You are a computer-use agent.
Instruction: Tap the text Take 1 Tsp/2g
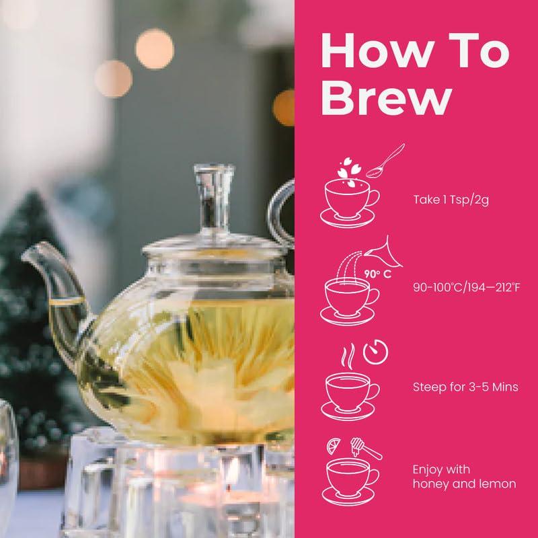[451, 200]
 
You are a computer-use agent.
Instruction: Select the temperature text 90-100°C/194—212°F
[466, 287]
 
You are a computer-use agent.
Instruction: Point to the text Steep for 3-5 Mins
[465, 387]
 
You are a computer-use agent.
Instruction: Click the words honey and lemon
[464, 484]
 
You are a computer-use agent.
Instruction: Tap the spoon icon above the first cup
[385, 161]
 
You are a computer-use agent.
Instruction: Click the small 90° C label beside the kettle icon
[378, 274]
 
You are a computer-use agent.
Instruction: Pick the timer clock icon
[375, 352]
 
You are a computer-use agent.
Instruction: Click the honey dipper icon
[366, 448]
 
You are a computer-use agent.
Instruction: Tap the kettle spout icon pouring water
[385, 254]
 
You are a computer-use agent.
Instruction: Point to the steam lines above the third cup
[348, 358]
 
